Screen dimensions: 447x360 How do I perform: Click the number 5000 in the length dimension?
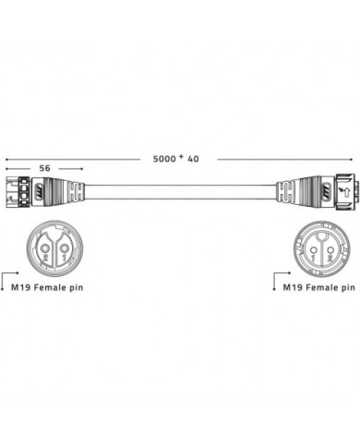point(165,159)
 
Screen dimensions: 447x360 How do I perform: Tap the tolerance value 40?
point(193,159)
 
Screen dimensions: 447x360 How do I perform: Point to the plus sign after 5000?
point(181,157)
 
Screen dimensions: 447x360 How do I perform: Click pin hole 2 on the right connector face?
point(330,247)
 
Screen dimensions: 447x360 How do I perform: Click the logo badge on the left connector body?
point(41,194)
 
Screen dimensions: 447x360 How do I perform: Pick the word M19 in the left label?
point(20,289)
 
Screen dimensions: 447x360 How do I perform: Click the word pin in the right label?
point(344,289)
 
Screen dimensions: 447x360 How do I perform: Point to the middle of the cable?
point(180,195)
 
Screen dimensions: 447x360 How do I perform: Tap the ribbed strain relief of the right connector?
point(292,195)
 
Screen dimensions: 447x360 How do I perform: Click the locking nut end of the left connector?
point(16,195)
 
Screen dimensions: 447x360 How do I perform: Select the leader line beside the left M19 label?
point(6,278)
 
